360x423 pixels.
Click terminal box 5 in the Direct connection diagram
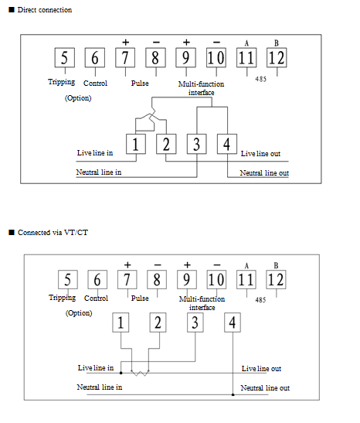(65, 57)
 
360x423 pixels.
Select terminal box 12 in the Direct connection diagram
(277, 57)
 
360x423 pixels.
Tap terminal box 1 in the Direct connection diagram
(136, 144)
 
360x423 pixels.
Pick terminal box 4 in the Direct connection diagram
(227, 144)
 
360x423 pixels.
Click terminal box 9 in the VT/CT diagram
(187, 279)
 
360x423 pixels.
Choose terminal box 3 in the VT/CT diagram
(195, 322)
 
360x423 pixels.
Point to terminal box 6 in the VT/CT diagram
(97, 279)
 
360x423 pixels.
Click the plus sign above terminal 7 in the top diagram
(126, 42)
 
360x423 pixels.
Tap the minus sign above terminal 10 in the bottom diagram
(217, 265)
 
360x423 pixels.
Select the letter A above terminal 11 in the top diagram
(246, 43)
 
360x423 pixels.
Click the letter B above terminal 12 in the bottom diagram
(276, 265)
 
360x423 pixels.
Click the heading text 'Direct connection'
(45, 10)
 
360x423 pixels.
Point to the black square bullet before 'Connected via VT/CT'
(12, 232)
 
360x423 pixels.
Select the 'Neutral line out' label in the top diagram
(264, 173)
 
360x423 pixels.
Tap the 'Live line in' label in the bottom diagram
(96, 367)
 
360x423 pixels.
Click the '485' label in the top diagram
(261, 79)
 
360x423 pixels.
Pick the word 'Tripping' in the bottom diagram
(63, 298)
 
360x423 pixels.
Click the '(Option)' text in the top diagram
(78, 98)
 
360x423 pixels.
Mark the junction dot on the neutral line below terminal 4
(233, 394)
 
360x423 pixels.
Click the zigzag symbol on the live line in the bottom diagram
(140, 373)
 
